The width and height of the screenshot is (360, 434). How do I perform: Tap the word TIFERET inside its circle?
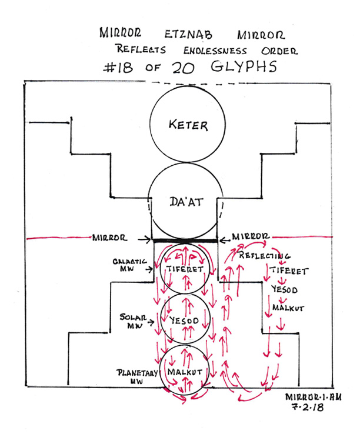pyautogui.click(x=184, y=269)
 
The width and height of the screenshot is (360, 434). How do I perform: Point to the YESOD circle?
pyautogui.click(x=185, y=322)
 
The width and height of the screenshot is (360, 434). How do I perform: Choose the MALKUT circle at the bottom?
pyautogui.click(x=185, y=372)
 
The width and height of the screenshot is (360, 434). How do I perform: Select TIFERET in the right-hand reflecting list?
pyautogui.click(x=287, y=271)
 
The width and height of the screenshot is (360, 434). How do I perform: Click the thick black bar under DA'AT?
pyautogui.click(x=184, y=240)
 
